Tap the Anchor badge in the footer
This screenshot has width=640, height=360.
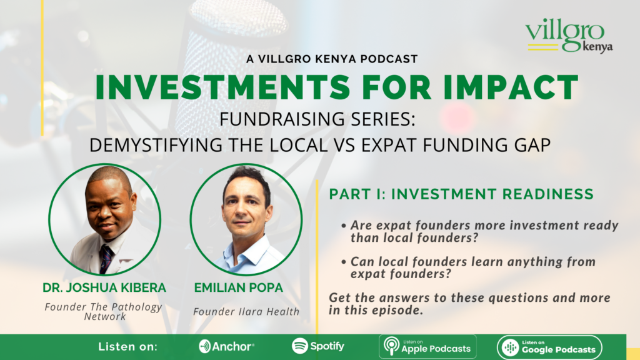pyautogui.click(x=226, y=346)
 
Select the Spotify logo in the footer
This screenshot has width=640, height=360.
pyautogui.click(x=317, y=346)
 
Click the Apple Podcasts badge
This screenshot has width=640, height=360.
pyautogui.click(x=427, y=346)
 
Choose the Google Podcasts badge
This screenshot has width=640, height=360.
pyautogui.click(x=549, y=347)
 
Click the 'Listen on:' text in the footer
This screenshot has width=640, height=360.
pyautogui.click(x=128, y=346)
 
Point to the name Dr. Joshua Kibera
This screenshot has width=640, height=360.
pyautogui.click(x=104, y=289)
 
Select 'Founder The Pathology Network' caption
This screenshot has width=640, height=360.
pyautogui.click(x=104, y=311)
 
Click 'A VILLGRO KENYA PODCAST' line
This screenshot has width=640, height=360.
pyautogui.click(x=319, y=59)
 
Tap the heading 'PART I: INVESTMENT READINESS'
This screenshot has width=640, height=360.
pyautogui.click(x=461, y=194)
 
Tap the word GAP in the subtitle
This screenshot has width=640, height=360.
pyautogui.click(x=531, y=144)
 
